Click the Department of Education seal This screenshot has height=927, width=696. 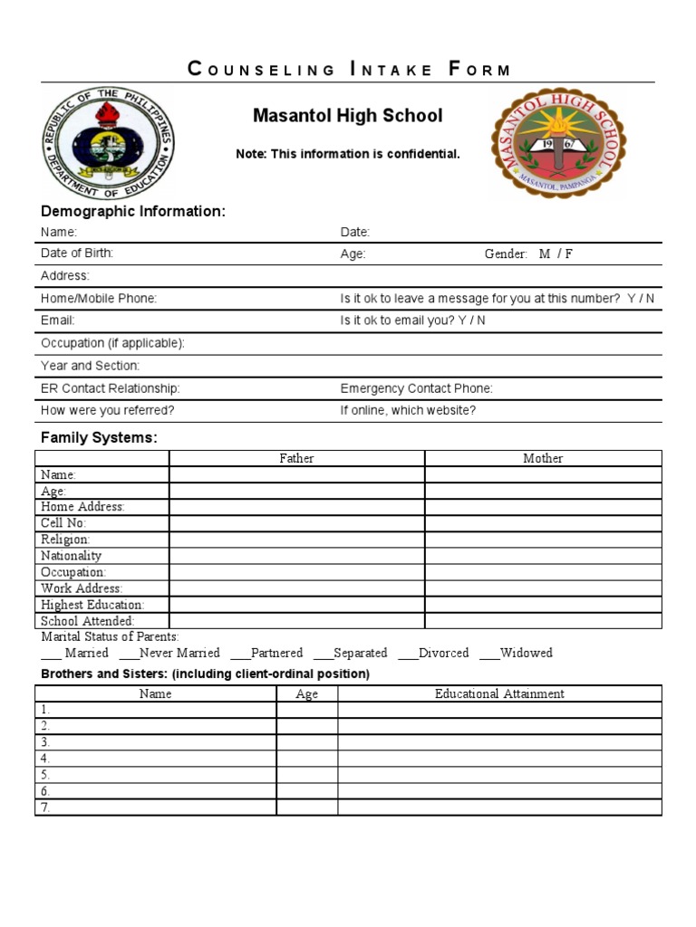[106, 143]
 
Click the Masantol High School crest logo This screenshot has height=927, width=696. [557, 143]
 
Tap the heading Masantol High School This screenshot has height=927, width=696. [348, 116]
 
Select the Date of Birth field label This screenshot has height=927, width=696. [77, 253]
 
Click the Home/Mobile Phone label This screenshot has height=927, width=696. [99, 299]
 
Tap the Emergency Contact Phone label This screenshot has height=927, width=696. [416, 388]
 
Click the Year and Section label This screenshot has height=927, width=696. [90, 366]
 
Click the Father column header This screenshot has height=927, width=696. [296, 459]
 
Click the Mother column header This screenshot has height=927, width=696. [543, 459]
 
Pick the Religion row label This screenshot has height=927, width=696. [65, 540]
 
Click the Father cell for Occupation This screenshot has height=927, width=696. [296, 572]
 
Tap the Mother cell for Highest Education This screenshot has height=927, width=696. [543, 605]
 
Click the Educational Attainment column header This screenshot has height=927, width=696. [499, 694]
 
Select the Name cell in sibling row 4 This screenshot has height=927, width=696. [156, 759]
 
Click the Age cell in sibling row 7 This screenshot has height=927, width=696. [307, 808]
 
